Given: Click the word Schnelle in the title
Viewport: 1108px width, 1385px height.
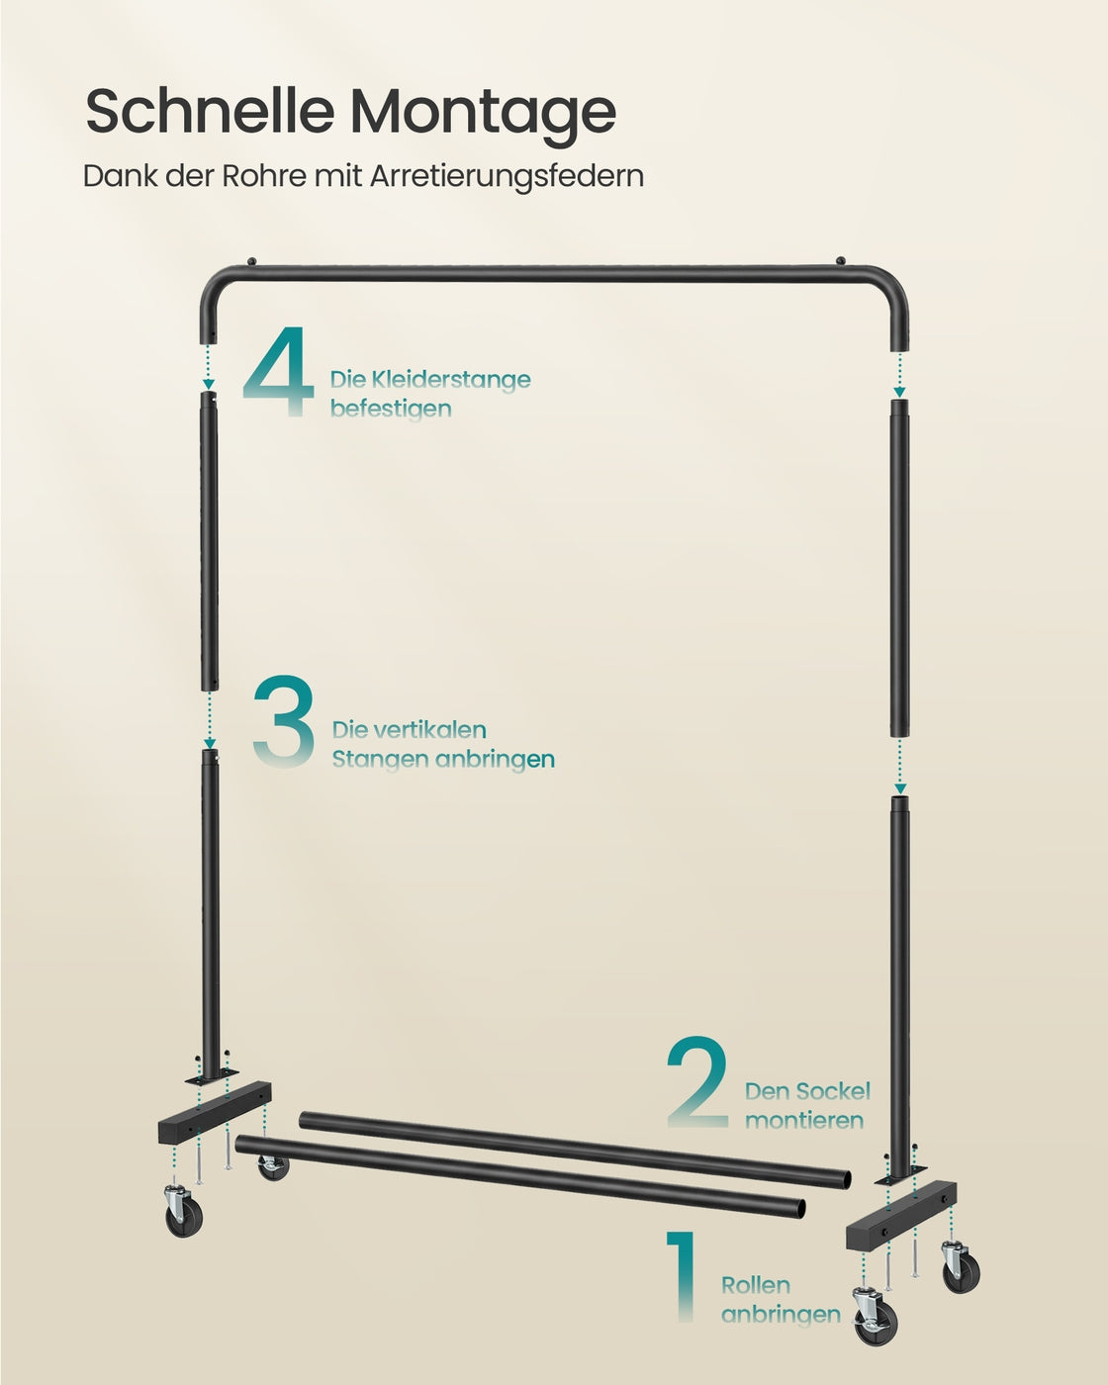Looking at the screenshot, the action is tap(210, 112).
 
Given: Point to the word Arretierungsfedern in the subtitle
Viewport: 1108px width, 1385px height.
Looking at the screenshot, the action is tap(507, 177).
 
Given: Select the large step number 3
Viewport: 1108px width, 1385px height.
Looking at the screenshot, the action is tap(283, 721).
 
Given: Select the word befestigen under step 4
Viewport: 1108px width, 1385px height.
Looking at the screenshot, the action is tap(391, 409).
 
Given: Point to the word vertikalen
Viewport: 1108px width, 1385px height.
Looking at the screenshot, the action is tap(429, 730).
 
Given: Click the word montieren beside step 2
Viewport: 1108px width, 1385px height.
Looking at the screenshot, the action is tap(804, 1121).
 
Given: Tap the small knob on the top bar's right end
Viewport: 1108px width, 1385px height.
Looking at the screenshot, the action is tap(840, 260).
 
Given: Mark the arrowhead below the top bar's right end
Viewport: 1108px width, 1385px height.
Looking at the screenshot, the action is tap(899, 392).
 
